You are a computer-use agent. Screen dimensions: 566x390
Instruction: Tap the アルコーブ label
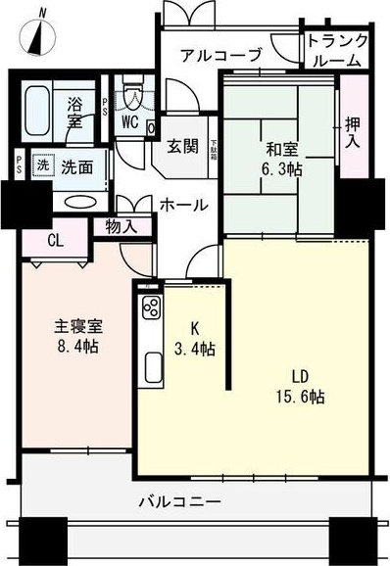tap(219, 55)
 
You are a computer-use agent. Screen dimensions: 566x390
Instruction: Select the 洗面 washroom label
tap(76, 166)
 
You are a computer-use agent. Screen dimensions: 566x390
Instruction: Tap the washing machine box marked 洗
tap(42, 165)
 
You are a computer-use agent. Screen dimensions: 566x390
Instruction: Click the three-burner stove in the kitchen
tap(151, 307)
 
